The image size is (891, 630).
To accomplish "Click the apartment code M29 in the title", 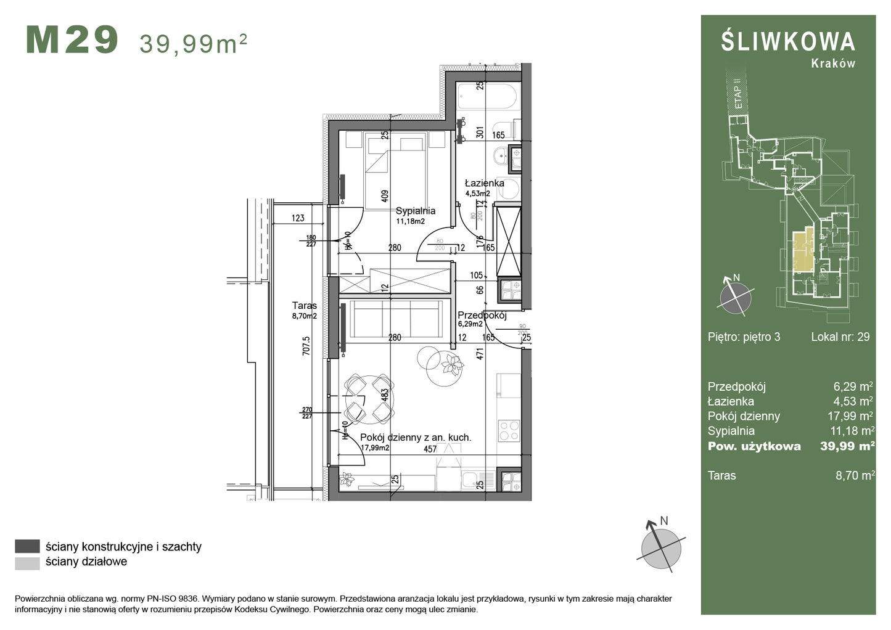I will pos(72,41).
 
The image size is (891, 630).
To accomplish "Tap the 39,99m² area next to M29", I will pos(193,43).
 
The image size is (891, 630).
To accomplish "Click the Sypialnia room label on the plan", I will pos(415,211).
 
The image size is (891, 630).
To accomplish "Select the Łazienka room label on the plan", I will pos(484,183).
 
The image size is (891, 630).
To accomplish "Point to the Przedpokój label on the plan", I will pos(482,316).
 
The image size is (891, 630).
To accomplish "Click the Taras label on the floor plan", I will pos(304,306).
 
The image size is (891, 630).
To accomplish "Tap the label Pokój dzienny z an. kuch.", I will pos(415,438).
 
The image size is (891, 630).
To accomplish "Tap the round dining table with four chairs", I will pos(369,399).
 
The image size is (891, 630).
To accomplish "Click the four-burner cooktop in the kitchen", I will pos(509,430).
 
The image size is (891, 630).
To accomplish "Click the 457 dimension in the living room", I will pos(430,449).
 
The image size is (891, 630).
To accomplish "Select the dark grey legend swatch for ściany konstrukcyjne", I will pos(27,547).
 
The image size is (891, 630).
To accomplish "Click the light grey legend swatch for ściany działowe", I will pos(27,562).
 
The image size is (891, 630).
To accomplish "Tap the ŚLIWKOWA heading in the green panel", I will pos(787,42).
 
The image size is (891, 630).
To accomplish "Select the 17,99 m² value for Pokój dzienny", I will pos(850,417).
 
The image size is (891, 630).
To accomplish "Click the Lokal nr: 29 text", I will pos(840,337).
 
